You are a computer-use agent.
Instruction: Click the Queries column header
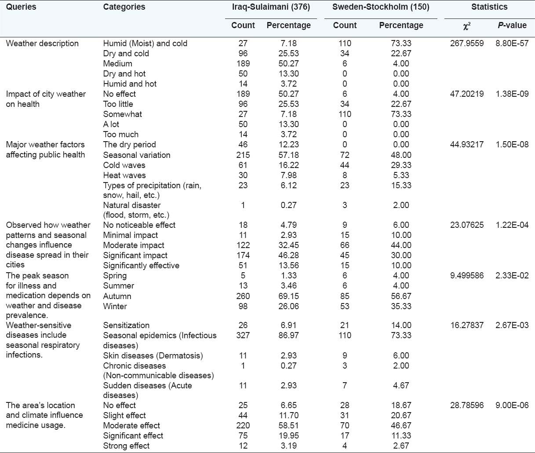21,7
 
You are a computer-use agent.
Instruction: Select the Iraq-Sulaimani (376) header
271,7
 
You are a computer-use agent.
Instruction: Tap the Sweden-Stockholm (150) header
381,7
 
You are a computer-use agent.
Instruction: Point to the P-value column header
512,26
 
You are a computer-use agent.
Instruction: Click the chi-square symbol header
467,26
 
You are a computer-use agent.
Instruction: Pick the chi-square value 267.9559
467,43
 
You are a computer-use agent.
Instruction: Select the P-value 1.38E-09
512,94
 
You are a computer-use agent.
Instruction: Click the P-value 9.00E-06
512,405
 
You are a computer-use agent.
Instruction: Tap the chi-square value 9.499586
467,275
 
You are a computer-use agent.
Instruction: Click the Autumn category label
117,296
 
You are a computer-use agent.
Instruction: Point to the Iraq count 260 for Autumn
243,296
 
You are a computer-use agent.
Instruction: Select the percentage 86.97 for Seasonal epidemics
288,336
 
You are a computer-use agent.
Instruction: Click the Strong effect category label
126,446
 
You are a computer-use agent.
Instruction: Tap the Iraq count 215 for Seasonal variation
243,155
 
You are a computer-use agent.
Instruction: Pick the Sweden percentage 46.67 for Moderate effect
401,425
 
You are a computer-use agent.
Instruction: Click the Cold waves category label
124,165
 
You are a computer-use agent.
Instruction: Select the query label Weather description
42,43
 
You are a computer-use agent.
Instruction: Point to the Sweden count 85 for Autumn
345,296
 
